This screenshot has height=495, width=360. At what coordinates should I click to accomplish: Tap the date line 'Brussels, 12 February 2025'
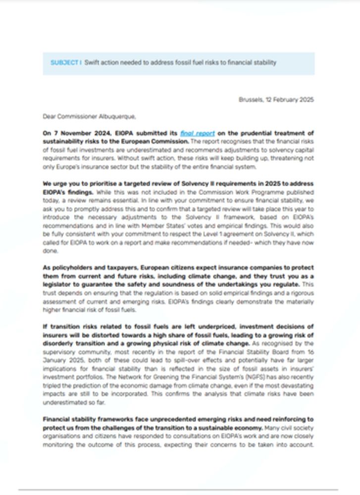[276, 99]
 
